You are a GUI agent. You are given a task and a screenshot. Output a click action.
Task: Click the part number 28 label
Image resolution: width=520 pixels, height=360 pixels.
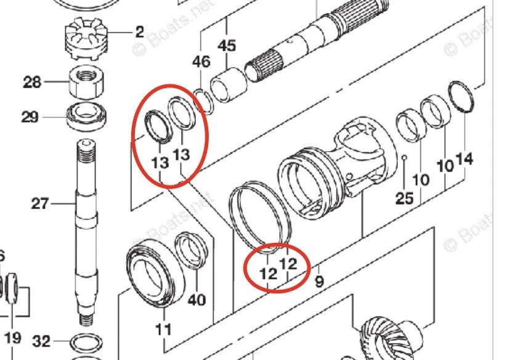[x=33, y=81]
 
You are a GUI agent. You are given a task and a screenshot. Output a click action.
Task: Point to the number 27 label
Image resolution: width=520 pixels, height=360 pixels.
[x=40, y=203]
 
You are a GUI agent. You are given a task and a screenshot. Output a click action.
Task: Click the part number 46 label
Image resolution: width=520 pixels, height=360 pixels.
[x=201, y=62]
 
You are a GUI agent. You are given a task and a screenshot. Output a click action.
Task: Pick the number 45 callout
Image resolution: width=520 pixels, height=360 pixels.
[x=227, y=46]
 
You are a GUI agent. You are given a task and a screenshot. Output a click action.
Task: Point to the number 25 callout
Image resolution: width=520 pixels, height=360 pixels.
[x=404, y=198]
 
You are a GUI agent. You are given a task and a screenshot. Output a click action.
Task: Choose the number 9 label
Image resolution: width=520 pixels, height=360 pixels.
[x=319, y=283]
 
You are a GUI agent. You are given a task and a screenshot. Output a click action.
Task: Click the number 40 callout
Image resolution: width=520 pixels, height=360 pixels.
[x=197, y=300]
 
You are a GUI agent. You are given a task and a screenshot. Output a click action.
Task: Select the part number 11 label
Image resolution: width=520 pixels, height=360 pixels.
[x=163, y=330]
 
